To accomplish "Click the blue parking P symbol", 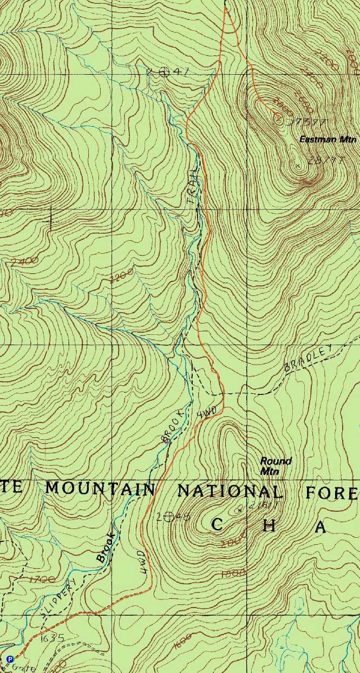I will tap(9, 658).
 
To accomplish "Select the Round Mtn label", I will tap(276, 466).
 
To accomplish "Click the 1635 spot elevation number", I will tap(52, 638).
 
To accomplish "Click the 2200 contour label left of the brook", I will tap(120, 278).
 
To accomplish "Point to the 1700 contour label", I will tap(43, 580).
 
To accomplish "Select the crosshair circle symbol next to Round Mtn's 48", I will tap(169, 517).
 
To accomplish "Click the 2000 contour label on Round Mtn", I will tap(236, 540).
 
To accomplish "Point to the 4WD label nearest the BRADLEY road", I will tap(207, 412).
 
